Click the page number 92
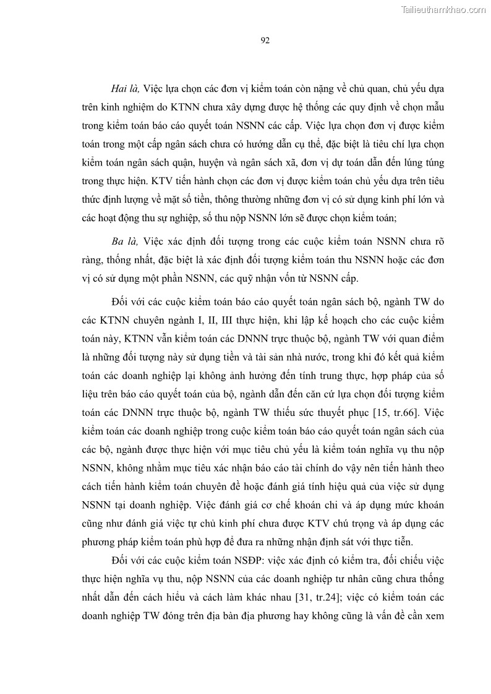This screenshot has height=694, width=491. tap(264, 41)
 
